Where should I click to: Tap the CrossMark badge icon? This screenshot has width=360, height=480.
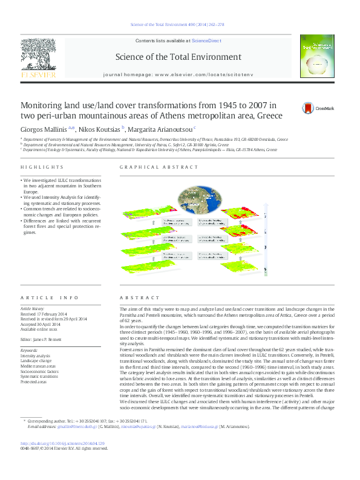click(x=309, y=108)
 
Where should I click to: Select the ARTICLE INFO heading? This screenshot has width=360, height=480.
click(x=49, y=298)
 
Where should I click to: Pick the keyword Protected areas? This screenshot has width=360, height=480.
click(x=34, y=381)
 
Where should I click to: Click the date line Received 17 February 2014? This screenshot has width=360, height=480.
click(x=45, y=313)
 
